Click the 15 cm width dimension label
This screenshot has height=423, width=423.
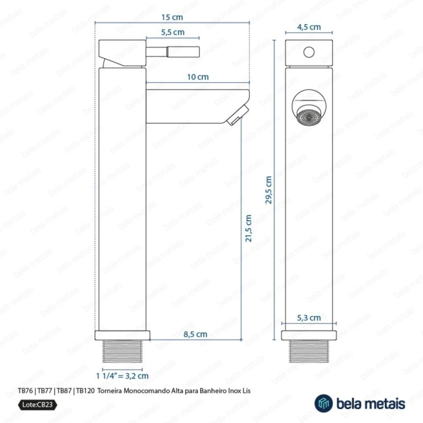pyautogui.click(x=172, y=18)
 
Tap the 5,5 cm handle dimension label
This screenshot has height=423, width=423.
pyautogui.click(x=173, y=33)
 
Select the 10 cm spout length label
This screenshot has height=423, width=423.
pyautogui.click(x=198, y=77)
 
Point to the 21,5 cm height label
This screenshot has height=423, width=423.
pyautogui.click(x=248, y=228)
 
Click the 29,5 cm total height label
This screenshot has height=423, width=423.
pyautogui.click(x=269, y=190)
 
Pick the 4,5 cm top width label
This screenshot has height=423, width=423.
pyautogui.click(x=309, y=27)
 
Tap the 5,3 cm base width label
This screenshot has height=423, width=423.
pyautogui.click(x=309, y=318)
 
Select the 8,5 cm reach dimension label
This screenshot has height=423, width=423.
pyautogui.click(x=195, y=334)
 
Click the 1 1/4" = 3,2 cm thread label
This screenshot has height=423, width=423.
pyautogui.click(x=122, y=376)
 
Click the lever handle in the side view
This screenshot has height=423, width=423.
pyautogui.click(x=173, y=52)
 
